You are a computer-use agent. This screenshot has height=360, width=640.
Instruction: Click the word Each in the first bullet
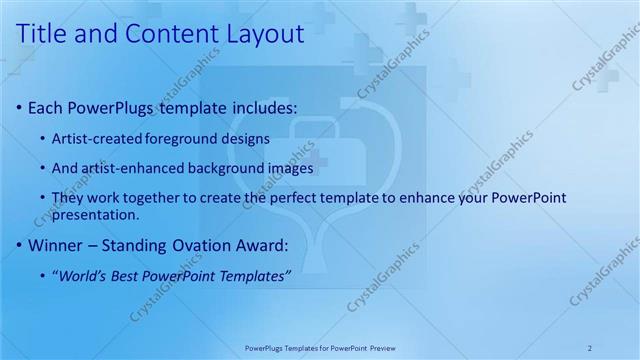pos(46,107)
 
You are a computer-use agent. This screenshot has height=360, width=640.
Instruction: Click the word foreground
pos(180,138)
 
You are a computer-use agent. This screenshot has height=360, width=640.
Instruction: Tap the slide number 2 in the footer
pos(590,347)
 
